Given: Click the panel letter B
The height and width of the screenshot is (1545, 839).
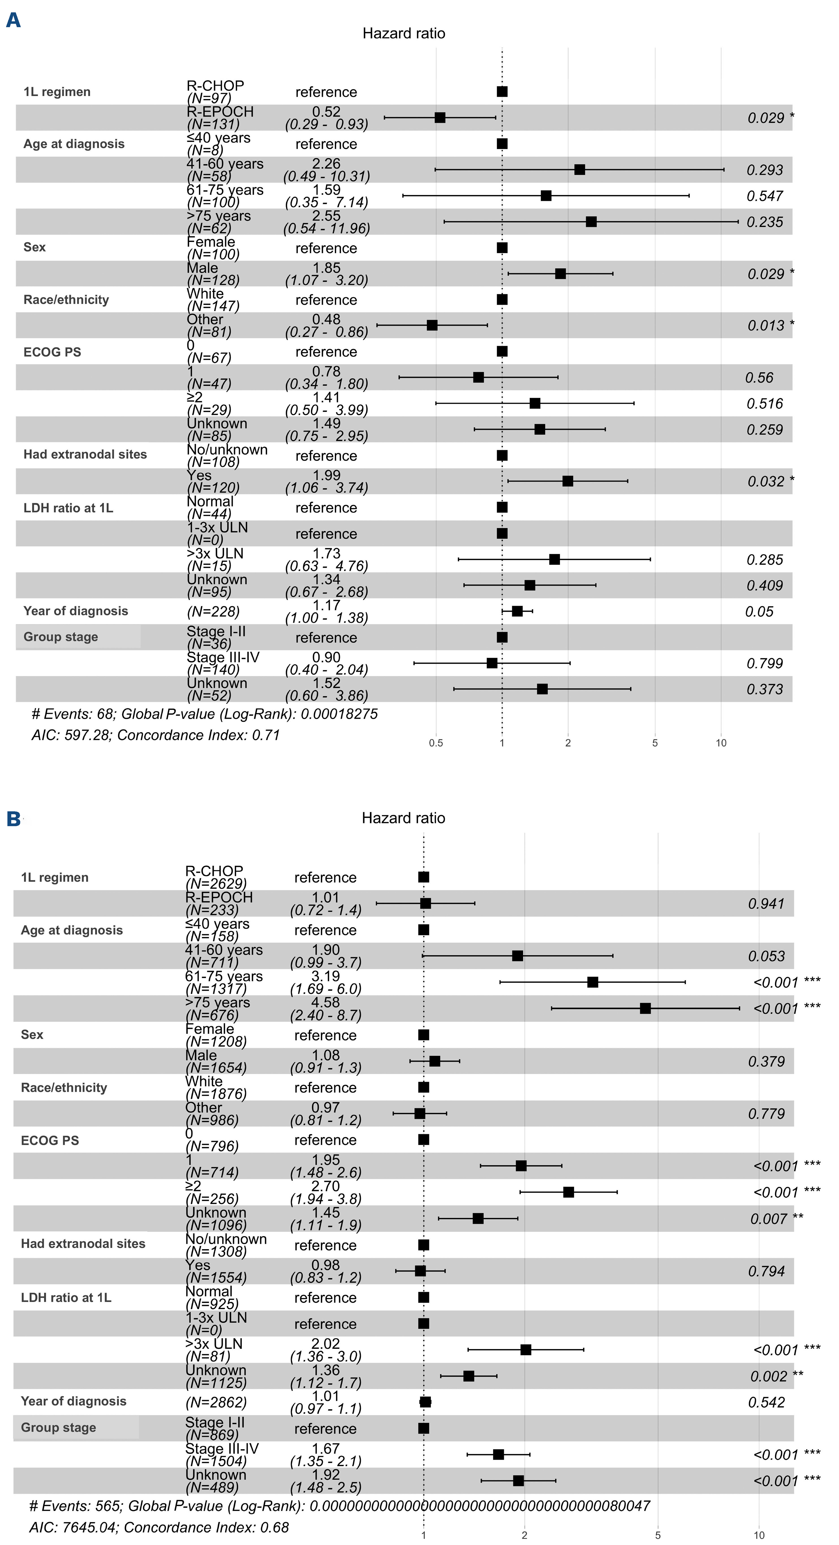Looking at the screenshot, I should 13,819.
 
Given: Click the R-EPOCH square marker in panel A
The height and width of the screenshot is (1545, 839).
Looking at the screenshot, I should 440,118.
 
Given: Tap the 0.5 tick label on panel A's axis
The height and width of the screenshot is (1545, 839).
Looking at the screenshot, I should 436,743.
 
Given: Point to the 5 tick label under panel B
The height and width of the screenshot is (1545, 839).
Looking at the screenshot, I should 658,1535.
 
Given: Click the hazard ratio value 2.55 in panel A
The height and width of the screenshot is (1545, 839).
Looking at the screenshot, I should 327,216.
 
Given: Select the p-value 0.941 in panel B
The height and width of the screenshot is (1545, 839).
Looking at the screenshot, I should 766,904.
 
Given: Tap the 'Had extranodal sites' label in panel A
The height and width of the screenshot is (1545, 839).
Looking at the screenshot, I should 85,455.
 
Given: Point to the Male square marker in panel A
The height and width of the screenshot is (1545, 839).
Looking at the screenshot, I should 561,274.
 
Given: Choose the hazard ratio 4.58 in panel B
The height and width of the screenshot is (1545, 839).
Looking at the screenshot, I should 326,1002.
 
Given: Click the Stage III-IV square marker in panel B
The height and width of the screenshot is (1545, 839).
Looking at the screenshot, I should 498,1454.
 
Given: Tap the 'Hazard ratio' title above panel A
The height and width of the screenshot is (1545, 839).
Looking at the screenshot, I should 403,34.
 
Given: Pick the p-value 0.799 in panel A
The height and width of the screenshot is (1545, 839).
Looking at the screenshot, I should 765,663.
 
